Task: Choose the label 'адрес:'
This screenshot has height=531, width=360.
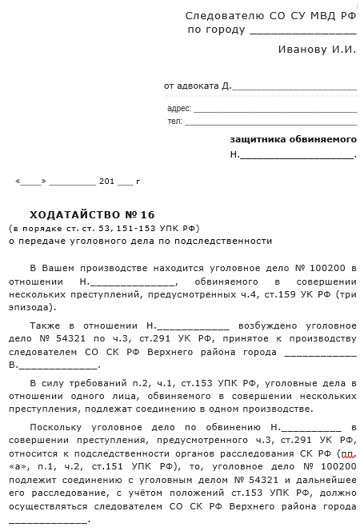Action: pyautogui.click(x=179, y=107)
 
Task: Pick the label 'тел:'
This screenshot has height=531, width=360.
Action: pyautogui.click(x=174, y=122)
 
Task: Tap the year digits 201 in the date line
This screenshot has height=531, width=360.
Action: pyautogui.click(x=106, y=182)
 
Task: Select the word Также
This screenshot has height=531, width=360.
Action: pyautogui.click(x=46, y=326)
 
